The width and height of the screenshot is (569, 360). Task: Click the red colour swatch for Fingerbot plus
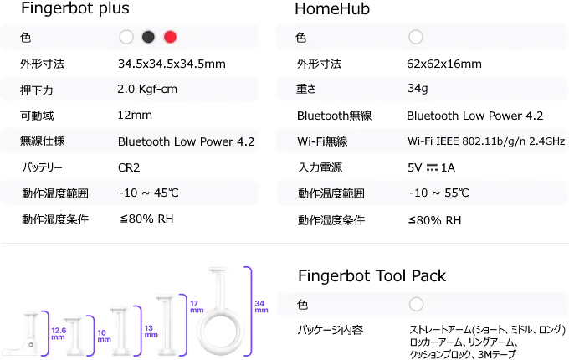pos(170,37)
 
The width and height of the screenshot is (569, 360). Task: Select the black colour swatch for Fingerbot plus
pos(148,37)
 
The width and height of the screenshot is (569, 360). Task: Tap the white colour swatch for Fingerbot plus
pos(126,37)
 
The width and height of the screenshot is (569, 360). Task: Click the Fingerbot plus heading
pos(75,8)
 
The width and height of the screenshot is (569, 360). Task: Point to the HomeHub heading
pos(332,8)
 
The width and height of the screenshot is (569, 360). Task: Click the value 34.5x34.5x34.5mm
pos(172,64)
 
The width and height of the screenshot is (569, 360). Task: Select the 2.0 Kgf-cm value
pos(147,90)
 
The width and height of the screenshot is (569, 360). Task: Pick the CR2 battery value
pos(129,167)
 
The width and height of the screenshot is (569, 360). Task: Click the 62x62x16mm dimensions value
pos(444,64)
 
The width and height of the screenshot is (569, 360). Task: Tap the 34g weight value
pos(418,88)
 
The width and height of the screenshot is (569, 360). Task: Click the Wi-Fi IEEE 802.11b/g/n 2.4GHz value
pos(486,141)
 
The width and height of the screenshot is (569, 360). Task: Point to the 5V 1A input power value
pos(431,167)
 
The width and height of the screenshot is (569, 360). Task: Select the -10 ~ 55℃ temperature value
pos(439,193)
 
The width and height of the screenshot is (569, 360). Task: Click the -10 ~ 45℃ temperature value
pos(149,193)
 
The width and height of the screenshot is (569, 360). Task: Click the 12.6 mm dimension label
pos(59,333)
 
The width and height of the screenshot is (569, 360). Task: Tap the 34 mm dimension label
pos(261,306)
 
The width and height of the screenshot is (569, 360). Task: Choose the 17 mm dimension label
pos(197,306)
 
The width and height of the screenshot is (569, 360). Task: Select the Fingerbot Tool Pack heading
pos(372,276)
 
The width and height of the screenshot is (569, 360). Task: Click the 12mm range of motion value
pos(135,115)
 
